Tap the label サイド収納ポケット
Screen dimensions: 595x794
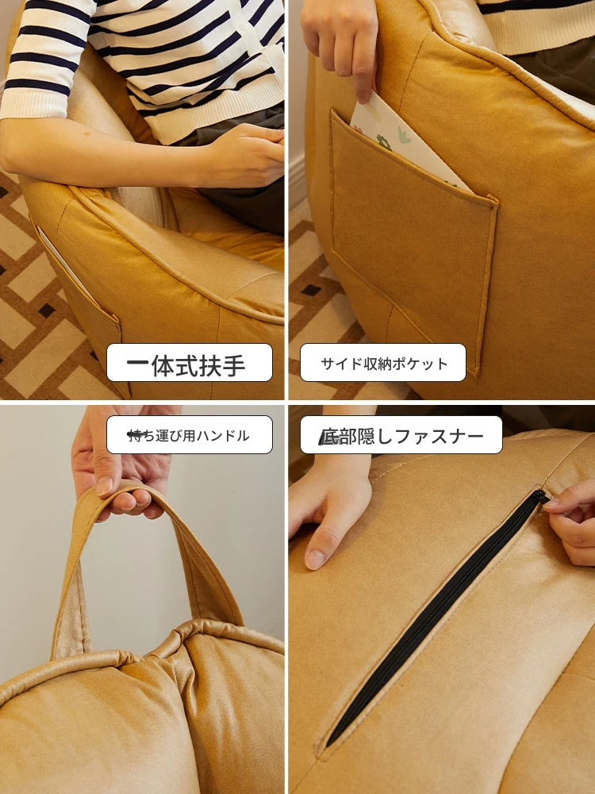point(383,363)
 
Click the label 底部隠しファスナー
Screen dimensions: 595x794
point(401,435)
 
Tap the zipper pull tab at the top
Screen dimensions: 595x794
point(541,495)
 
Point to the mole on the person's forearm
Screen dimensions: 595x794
point(87,134)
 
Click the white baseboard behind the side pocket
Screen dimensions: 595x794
point(297,183)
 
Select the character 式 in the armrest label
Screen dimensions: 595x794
point(186,364)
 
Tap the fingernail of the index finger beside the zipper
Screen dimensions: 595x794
point(315,558)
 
